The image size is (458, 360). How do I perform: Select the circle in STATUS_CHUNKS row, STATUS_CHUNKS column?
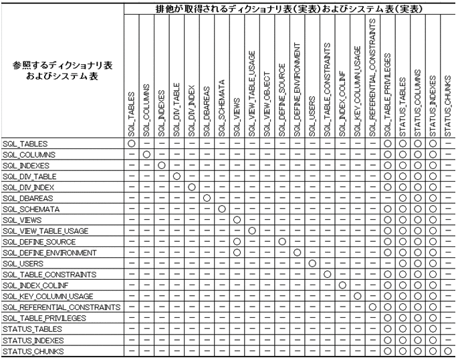(448, 351)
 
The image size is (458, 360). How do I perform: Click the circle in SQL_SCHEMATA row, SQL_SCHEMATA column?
(221, 209)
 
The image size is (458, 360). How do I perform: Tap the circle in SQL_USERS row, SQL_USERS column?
(312, 264)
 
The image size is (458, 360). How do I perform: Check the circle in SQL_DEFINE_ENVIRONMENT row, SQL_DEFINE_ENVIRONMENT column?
(297, 253)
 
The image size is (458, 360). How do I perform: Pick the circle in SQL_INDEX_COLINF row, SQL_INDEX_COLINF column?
(342, 285)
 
